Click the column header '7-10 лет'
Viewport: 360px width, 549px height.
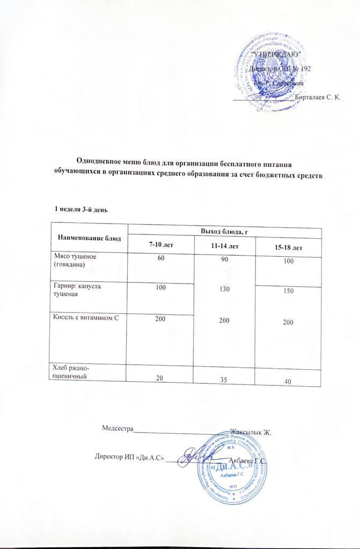click(x=160, y=244)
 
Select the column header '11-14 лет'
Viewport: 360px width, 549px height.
click(x=224, y=246)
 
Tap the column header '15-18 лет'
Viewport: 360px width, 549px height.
click(x=289, y=248)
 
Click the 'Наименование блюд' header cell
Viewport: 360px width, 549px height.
click(x=89, y=236)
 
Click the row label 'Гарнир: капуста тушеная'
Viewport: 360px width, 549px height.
click(x=75, y=290)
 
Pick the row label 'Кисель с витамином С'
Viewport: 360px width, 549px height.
click(x=84, y=319)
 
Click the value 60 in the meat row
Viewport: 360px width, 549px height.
click(x=160, y=258)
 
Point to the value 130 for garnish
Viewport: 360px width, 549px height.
click(x=224, y=290)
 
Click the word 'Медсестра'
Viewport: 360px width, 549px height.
click(x=117, y=428)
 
